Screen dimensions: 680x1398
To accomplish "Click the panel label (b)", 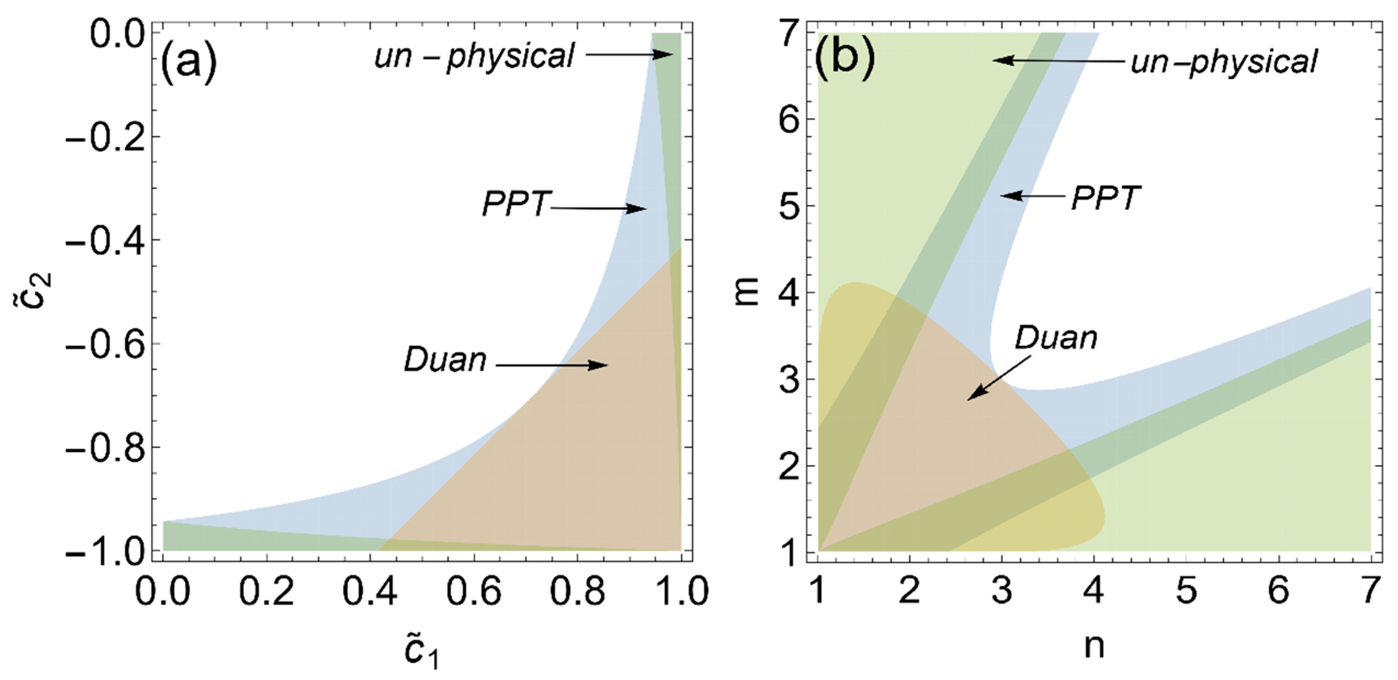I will pos(845,61).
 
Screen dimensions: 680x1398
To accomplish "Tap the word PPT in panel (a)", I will pos(516,205).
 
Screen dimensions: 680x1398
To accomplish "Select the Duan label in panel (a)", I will pos(445,360).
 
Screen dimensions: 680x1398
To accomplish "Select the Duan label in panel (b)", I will pos(1056,338).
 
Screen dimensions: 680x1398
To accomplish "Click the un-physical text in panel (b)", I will pos(1223,62).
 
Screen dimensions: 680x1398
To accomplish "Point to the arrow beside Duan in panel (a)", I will pos(552,365).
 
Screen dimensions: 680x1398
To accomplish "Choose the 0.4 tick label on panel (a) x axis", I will pos(370,592).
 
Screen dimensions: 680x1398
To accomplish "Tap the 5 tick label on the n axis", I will pos(1186,592).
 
